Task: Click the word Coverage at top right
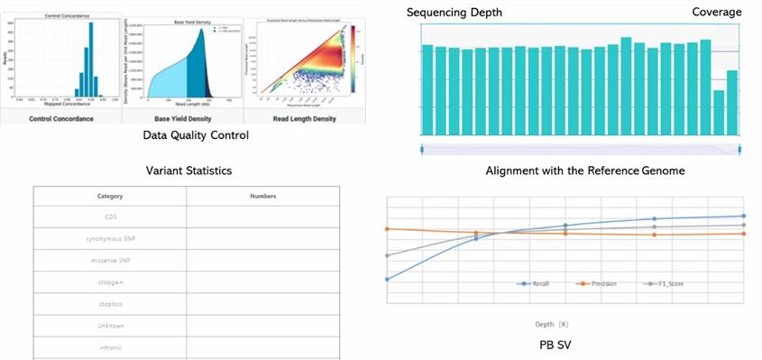pos(717,12)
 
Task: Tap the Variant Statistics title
pos(188,171)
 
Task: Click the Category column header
pos(110,196)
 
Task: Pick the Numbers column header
pos(262,196)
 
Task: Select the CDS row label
pos(110,217)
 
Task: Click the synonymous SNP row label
pos(110,239)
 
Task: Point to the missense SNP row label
pos(110,261)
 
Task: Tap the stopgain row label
pos(110,282)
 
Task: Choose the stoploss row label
pos(110,304)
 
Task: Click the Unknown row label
pos(110,326)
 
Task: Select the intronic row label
pos(110,347)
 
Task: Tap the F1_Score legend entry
pos(666,284)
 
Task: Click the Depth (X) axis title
pos(550,322)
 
